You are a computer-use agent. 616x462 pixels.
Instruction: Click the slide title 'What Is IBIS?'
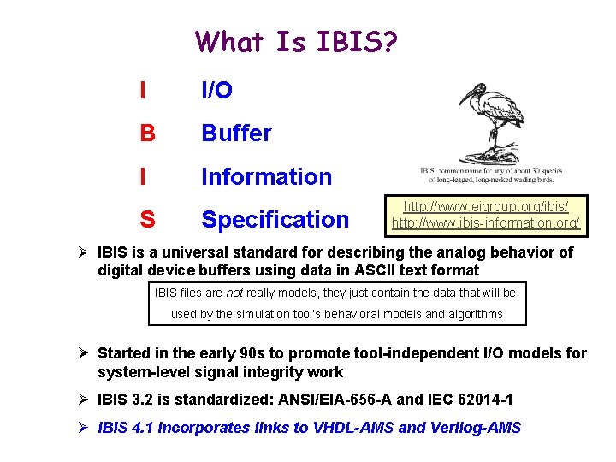[295, 41]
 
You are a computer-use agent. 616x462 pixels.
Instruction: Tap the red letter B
[147, 133]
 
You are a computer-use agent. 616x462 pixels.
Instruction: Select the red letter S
[147, 220]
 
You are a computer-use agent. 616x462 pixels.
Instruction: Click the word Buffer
[236, 133]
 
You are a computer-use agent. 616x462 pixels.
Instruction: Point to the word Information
[266, 177]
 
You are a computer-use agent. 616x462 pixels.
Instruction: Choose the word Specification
[275, 220]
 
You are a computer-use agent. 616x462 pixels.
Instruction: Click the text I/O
[216, 91]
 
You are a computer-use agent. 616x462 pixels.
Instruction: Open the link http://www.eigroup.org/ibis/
[485, 207]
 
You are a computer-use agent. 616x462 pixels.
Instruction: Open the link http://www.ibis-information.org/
[485, 223]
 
